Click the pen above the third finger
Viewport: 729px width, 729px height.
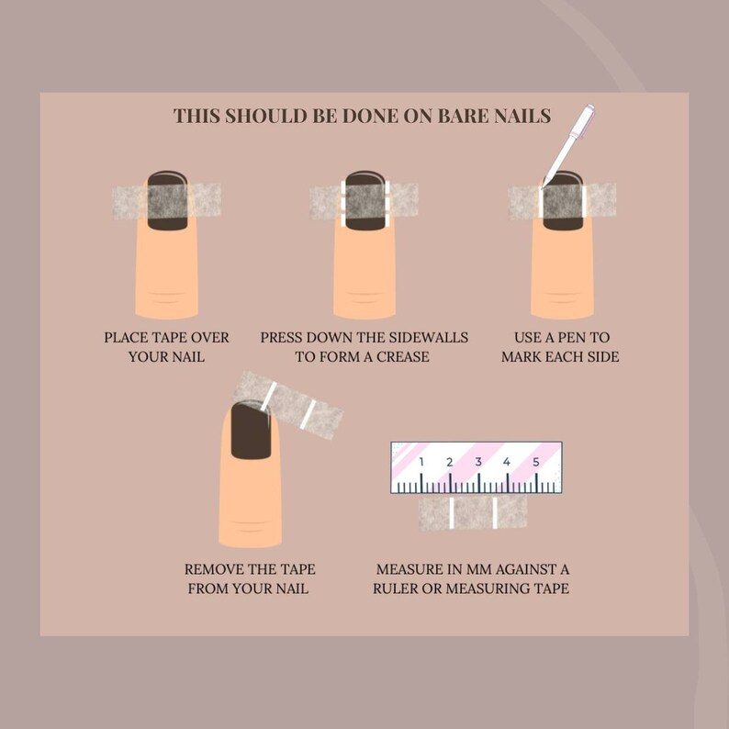[567, 142]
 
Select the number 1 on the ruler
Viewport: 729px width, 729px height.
[421, 461]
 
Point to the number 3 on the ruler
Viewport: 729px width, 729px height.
[478, 461]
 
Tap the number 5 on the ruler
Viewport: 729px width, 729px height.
[535, 461]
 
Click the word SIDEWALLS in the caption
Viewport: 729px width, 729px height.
[422, 338]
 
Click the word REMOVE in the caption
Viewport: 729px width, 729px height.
[218, 570]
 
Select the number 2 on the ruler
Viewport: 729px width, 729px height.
[450, 461]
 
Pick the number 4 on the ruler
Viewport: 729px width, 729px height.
[507, 461]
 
